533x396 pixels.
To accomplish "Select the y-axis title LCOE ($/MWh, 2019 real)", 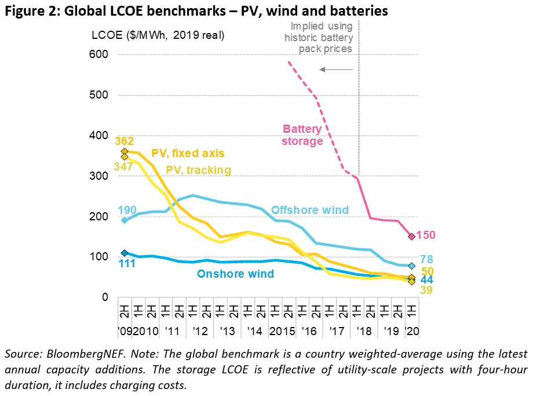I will [x=158, y=35].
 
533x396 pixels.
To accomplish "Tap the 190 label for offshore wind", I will [x=127, y=210].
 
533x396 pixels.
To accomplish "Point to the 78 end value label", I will [x=426, y=260].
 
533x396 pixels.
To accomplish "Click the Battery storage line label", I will [x=302, y=135].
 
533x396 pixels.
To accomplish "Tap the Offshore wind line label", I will [x=310, y=210].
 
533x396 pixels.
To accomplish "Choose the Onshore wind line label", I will [x=235, y=274].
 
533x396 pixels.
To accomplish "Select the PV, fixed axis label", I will [x=188, y=154].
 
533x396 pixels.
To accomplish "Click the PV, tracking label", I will [x=199, y=170].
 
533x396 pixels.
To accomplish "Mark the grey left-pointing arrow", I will [x=336, y=70].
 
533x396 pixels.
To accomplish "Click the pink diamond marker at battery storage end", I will [x=411, y=236].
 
